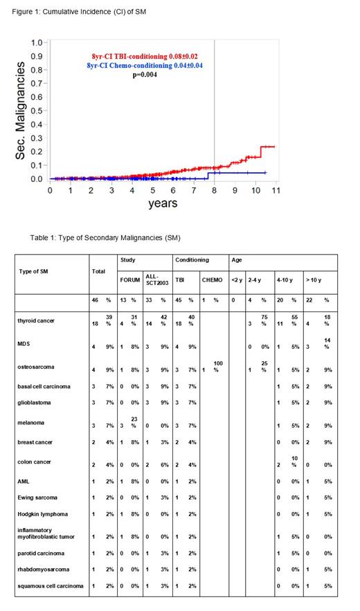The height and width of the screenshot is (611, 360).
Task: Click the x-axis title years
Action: [163, 203]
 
